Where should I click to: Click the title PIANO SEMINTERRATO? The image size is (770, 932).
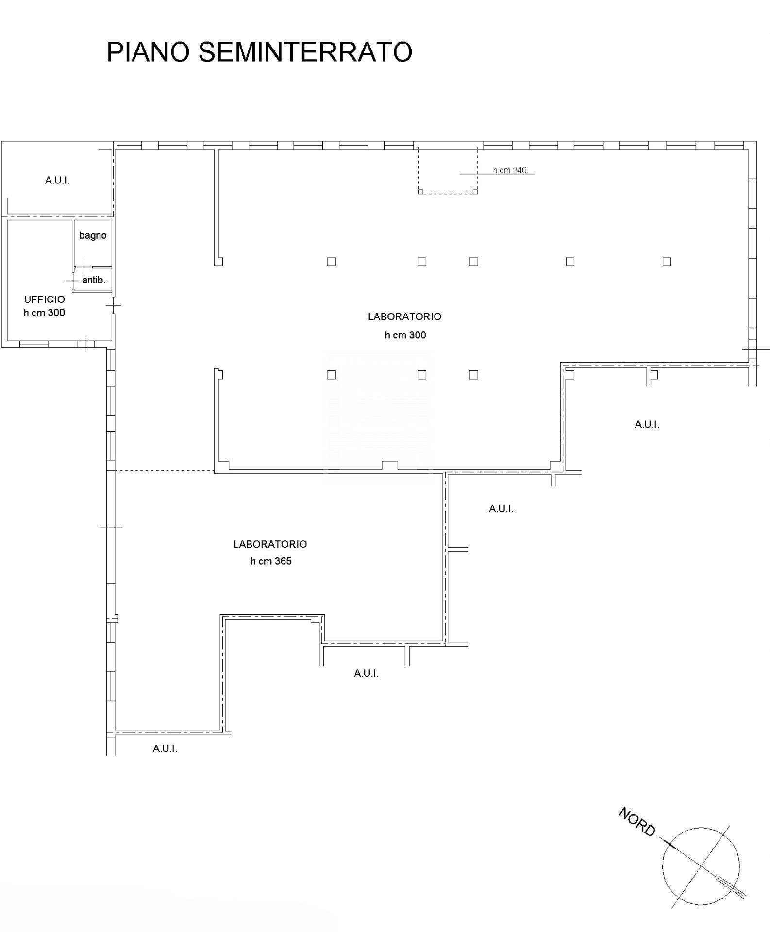[x=259, y=52]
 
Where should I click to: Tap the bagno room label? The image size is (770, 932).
[x=93, y=235]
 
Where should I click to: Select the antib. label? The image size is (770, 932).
[x=94, y=280]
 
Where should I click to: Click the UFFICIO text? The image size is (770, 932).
[x=44, y=300]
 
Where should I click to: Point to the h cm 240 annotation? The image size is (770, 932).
[x=509, y=170]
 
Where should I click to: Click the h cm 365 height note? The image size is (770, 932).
[x=271, y=561]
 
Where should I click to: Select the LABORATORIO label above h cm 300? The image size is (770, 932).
[x=404, y=317]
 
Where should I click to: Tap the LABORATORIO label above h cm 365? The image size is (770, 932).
[x=270, y=544]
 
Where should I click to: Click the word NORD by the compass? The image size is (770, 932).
[x=637, y=821]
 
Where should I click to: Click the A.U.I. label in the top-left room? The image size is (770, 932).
[x=57, y=181]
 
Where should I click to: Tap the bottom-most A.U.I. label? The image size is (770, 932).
[x=165, y=749]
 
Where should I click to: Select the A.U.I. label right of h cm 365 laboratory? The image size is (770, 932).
[x=501, y=509]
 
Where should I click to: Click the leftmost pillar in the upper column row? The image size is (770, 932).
[x=332, y=262]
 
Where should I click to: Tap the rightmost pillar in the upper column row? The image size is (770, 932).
[x=667, y=262]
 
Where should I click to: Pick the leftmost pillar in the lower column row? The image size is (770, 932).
[x=332, y=375]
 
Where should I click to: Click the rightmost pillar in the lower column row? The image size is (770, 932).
[x=474, y=375]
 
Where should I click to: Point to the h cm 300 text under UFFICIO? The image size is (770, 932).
[x=44, y=313]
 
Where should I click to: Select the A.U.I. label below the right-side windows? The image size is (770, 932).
[x=647, y=425]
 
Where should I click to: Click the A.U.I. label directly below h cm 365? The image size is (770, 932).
[x=366, y=673]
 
